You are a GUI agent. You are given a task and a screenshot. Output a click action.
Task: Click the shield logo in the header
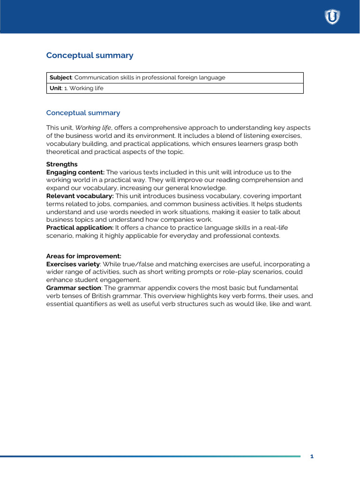tap(332, 17)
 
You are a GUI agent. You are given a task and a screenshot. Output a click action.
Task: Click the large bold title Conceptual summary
tap(90, 55)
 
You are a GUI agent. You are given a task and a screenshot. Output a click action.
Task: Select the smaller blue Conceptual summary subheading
tap(83, 113)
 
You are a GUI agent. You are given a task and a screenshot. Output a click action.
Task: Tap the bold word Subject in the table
tap(60, 78)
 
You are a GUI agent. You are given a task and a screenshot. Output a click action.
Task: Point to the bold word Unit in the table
tap(55, 88)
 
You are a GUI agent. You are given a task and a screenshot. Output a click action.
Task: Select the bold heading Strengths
tap(62, 165)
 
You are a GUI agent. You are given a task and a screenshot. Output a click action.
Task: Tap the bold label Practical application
tap(80, 228)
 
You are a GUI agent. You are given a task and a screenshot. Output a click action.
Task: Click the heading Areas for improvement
tap(83, 256)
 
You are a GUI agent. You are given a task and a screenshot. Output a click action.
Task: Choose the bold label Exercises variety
tap(73, 264)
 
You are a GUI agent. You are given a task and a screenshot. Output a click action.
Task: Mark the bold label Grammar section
tap(74, 287)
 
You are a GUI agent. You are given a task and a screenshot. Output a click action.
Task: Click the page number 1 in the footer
tap(312, 457)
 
